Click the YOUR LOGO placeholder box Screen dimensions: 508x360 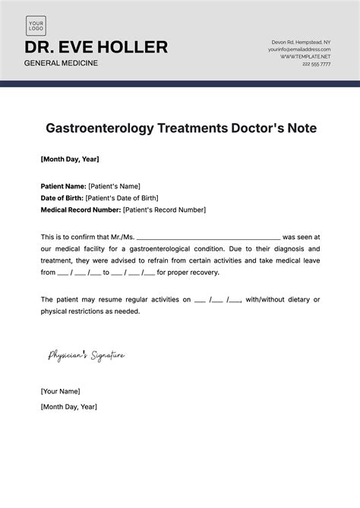(36, 26)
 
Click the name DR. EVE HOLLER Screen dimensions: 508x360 (96, 47)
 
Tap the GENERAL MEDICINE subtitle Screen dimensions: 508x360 (62, 62)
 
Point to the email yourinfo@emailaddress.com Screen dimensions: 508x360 (299, 49)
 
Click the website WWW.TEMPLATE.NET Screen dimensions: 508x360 (305, 56)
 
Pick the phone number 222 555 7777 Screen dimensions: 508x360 (316, 64)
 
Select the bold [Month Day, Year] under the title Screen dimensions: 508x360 (70, 159)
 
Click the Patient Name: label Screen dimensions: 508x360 (63, 186)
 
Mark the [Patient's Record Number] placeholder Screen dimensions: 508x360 (164, 210)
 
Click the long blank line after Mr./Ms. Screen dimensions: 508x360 (210, 238)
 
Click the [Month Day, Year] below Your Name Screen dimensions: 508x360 (69, 406)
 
